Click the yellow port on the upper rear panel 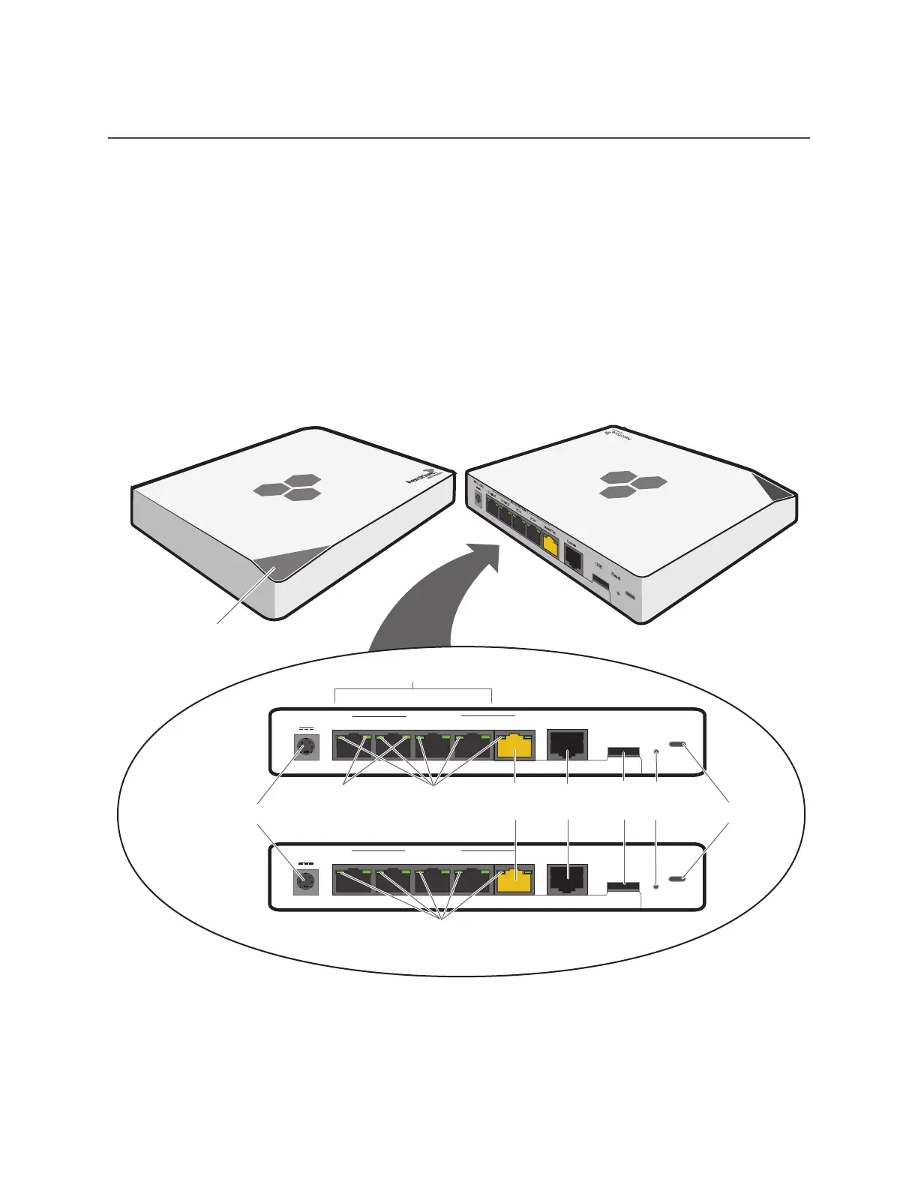[514, 746]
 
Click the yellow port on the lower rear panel [514, 880]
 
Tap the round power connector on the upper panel [305, 747]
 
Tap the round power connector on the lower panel [304, 881]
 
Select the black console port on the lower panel [568, 879]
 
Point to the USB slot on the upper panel [623, 751]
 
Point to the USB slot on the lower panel [623, 887]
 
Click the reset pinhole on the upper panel [657, 750]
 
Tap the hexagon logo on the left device [289, 487]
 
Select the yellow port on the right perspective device [550, 545]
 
